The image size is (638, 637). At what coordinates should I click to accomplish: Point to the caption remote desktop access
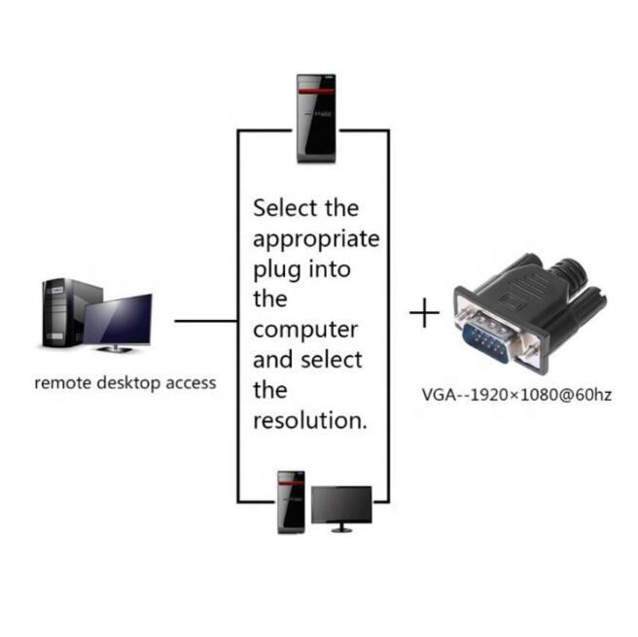pyautogui.click(x=125, y=382)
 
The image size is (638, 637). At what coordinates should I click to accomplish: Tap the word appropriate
pyautogui.click(x=316, y=239)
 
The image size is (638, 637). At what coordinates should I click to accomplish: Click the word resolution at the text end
pyautogui.click(x=307, y=421)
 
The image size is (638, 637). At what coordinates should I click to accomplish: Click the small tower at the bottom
pyautogui.click(x=291, y=501)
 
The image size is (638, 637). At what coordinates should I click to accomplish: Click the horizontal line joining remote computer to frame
pyautogui.click(x=206, y=319)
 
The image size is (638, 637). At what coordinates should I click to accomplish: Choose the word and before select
pyautogui.click(x=273, y=360)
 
